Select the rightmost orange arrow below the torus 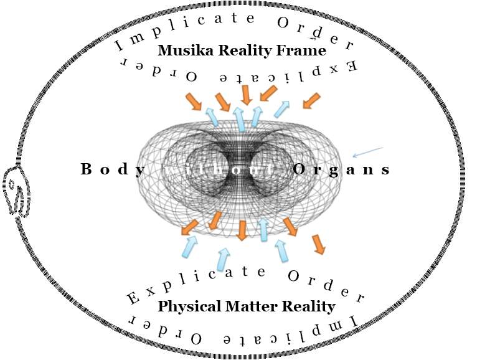(319, 244)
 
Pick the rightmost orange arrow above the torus (311, 100)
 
